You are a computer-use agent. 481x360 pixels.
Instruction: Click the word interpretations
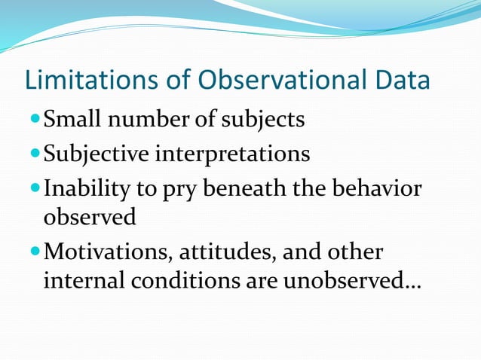[231, 154]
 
